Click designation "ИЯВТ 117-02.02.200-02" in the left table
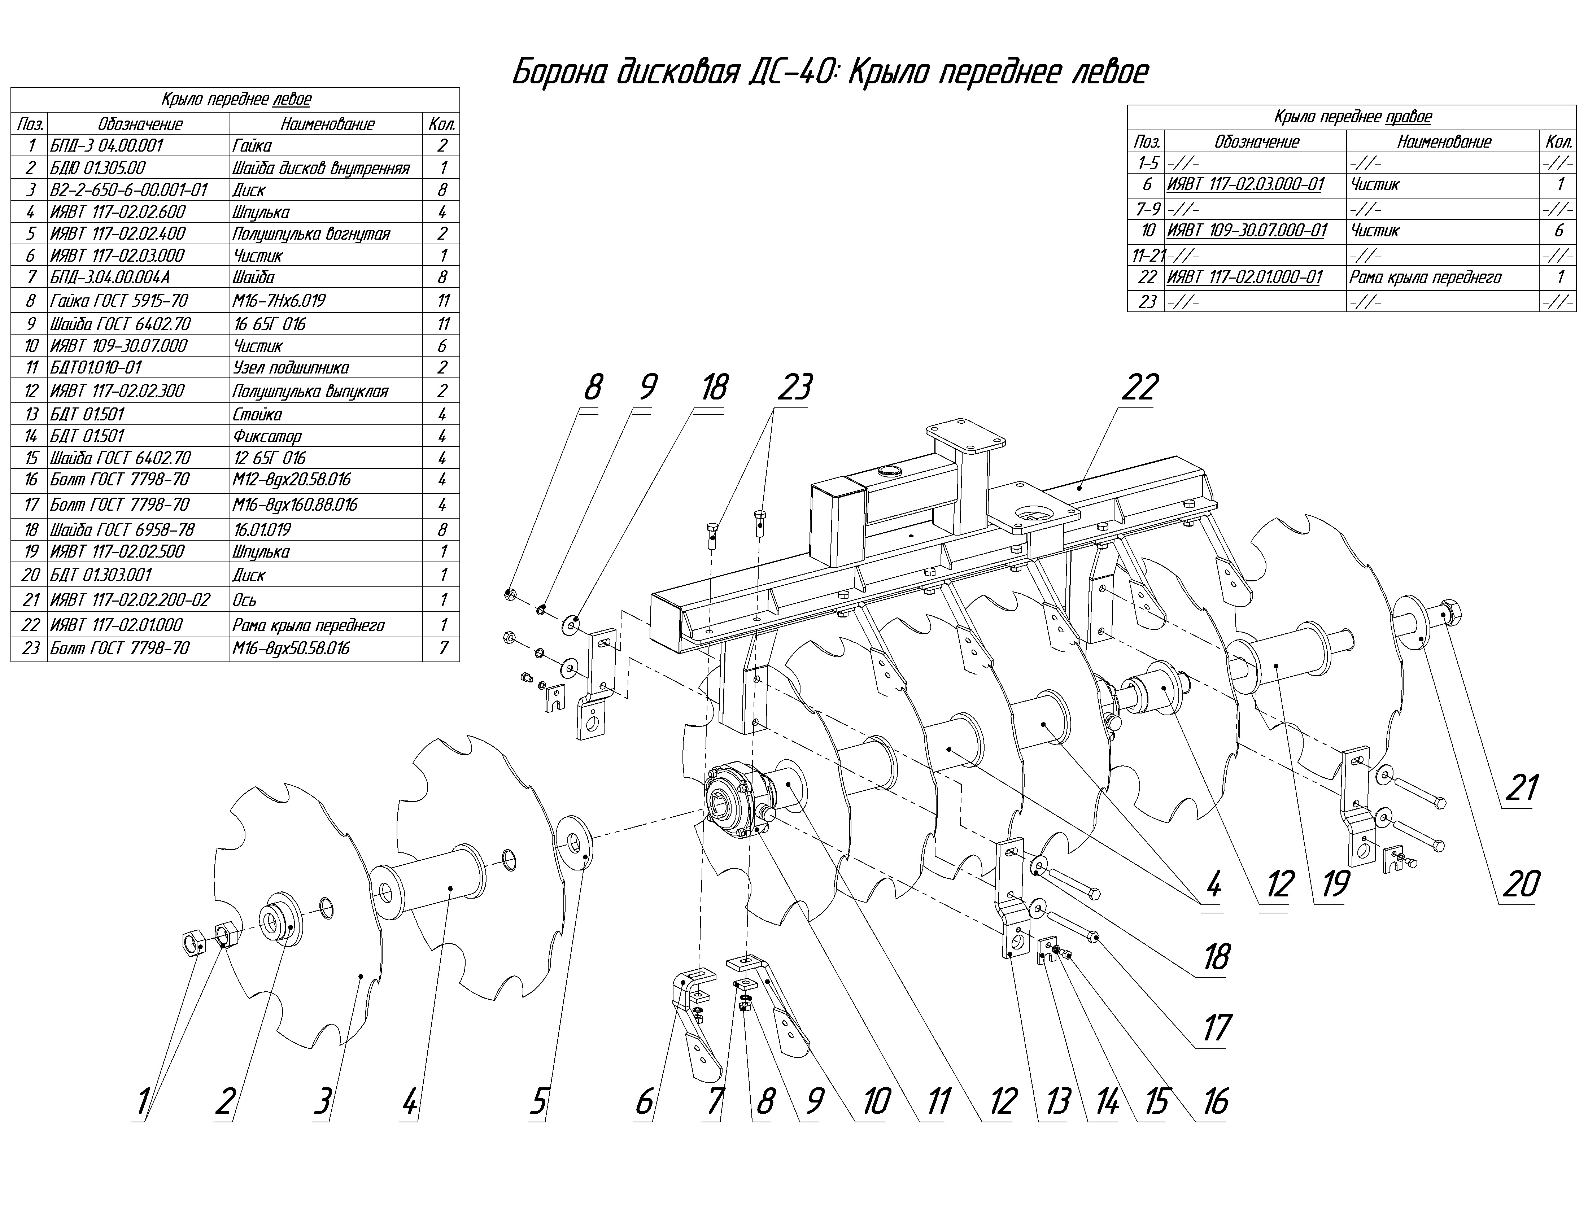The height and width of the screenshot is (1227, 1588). (130, 600)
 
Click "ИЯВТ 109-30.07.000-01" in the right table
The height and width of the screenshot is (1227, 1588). (1246, 231)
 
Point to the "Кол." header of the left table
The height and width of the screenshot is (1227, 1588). (441, 123)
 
